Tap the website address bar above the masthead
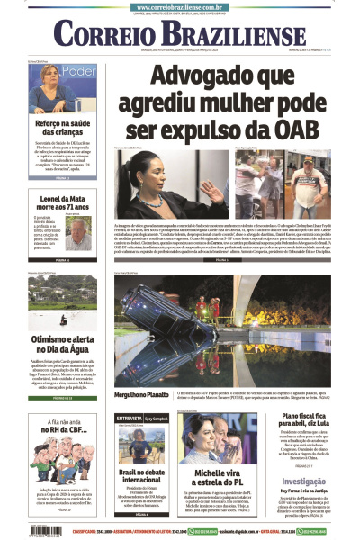click(x=180, y=5)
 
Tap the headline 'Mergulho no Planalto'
click(x=143, y=393)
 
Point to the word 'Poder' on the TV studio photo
click(x=79, y=71)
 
